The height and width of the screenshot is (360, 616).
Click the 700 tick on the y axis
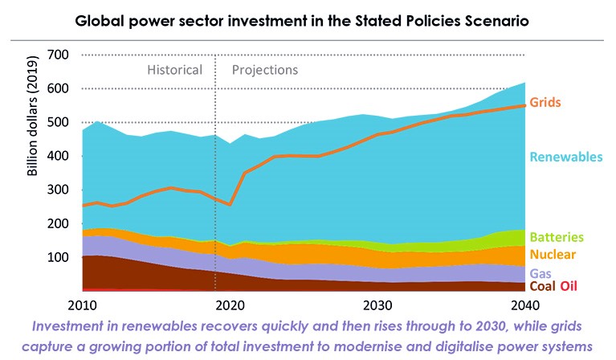point(59,55)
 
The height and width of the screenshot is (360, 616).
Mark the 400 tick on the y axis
point(59,156)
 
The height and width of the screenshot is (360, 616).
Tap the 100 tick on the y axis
point(59,257)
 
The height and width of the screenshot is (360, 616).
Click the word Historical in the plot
point(174,70)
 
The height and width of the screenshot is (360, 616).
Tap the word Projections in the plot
point(265,70)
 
